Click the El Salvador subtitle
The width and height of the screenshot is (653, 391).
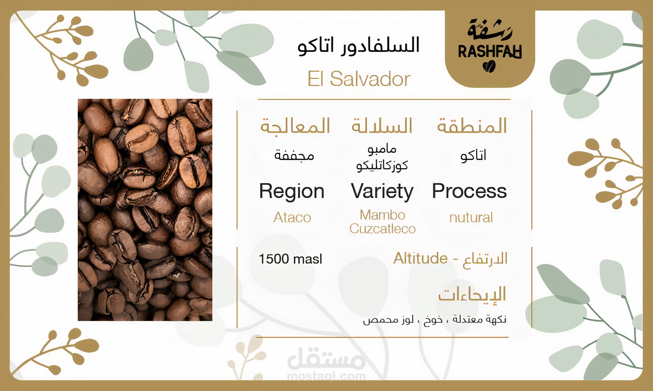359,79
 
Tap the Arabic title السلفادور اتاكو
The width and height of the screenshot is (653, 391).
358,46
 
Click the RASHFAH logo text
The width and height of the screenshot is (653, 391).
490,51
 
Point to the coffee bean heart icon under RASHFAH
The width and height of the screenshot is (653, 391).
489,67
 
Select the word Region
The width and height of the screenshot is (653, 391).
292,192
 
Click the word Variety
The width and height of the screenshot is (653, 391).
382,192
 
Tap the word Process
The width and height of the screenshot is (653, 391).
469,191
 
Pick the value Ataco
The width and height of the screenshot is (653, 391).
292,217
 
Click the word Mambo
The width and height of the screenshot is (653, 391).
382,215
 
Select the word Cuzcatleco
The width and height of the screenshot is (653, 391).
382,229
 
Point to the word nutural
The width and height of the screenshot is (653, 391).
471,218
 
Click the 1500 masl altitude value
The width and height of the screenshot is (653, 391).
290,259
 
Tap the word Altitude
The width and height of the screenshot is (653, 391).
420,258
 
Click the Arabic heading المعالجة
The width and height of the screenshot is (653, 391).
295,126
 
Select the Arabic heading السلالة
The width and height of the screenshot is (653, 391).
382,125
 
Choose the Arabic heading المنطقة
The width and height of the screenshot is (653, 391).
472,125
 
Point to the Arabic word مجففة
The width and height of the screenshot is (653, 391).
294,155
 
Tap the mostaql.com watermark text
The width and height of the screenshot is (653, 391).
326,376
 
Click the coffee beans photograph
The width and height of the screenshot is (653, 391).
145,210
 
